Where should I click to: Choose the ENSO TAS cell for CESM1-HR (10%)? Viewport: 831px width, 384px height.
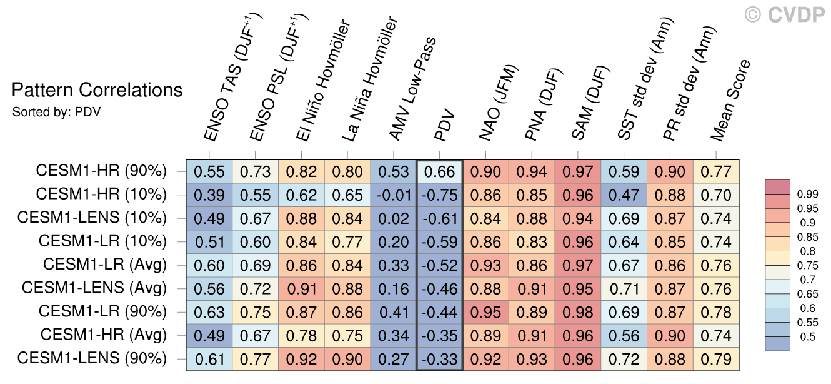tap(209, 195)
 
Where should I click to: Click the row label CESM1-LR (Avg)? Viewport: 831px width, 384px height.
tap(105, 265)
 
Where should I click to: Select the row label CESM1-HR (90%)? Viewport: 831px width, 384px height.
tap(101, 171)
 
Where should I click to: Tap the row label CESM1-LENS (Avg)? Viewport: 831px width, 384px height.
tap(94, 288)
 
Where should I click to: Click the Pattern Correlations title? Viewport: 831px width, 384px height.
tap(97, 90)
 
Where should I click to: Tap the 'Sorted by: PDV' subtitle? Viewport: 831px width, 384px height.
tap(56, 112)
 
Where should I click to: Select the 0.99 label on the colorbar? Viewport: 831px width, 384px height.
tap(808, 195)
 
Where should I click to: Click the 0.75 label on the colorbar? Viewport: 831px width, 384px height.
tap(808, 266)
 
